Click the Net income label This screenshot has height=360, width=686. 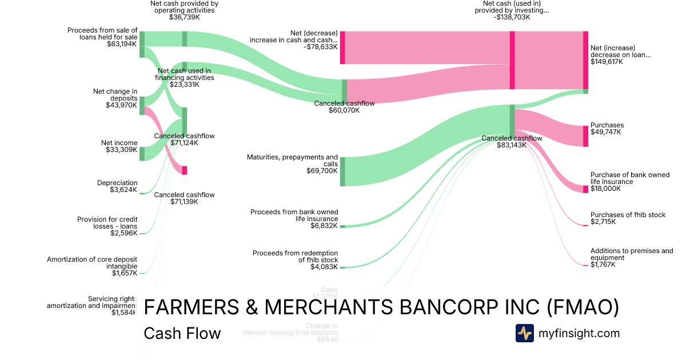[x=119, y=143]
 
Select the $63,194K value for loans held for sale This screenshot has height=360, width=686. [x=122, y=44]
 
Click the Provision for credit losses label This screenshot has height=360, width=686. [x=107, y=223]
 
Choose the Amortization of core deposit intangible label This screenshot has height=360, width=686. [x=92, y=262]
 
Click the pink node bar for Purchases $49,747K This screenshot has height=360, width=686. [x=585, y=136]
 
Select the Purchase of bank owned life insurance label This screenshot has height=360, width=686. [x=629, y=178]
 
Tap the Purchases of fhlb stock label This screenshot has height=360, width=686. [x=628, y=215]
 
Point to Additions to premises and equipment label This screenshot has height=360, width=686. [x=632, y=254]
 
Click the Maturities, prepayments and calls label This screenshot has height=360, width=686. [x=292, y=160]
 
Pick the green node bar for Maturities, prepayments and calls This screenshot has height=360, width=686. [x=342, y=171]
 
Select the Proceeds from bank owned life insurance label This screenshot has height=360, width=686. [x=294, y=215]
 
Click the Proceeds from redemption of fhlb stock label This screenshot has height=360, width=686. [x=295, y=256]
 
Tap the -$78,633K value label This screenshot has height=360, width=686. [x=321, y=47]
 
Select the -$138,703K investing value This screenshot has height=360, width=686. [x=512, y=17]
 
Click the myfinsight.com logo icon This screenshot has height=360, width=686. [x=524, y=333]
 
